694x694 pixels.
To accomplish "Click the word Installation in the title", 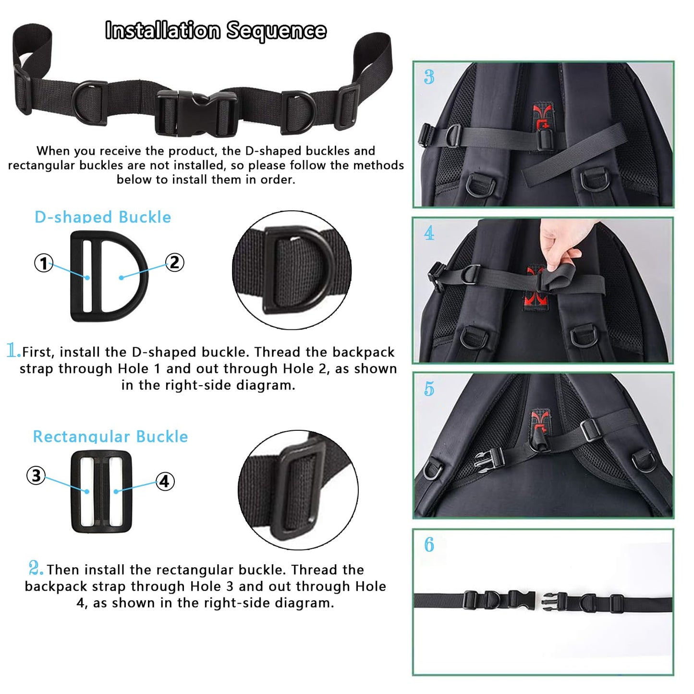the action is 162,30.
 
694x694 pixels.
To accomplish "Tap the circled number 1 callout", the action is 44,263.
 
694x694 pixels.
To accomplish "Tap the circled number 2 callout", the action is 175,262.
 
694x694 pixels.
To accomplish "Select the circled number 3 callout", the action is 36,475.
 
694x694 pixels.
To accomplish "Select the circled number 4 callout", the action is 165,482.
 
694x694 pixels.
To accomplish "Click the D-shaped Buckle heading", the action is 103,217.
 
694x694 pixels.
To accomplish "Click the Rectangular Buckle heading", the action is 110,437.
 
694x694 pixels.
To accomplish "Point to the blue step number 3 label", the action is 429,77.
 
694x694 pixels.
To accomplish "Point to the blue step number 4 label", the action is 429,233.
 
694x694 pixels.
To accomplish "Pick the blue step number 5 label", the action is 429,389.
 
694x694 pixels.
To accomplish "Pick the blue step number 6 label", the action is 429,545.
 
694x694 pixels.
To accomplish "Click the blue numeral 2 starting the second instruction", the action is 36,568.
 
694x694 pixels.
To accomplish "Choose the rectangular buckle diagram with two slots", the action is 101,492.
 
